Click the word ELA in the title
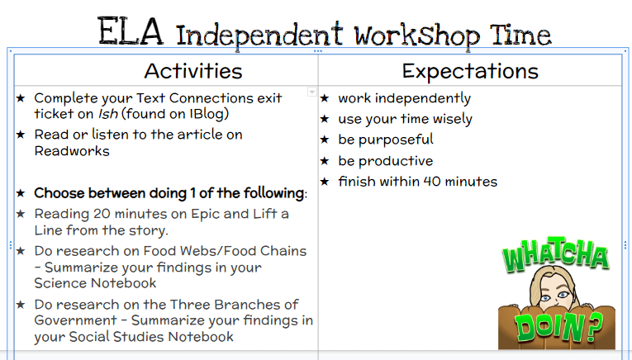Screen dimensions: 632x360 click(131, 31)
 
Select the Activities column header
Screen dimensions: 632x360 click(193, 71)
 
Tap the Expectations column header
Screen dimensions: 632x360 click(470, 71)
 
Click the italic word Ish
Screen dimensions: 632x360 click(108, 114)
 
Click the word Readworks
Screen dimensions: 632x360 click(72, 151)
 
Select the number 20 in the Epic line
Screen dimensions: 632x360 click(102, 214)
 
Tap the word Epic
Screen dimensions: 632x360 click(205, 215)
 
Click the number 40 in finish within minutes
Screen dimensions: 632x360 click(432, 182)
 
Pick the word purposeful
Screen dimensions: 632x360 click(396, 140)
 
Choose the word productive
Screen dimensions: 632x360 click(396, 161)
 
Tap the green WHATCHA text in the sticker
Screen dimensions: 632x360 click(555, 256)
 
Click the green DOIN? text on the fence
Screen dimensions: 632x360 click(558, 328)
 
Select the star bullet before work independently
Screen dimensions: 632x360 click(325, 98)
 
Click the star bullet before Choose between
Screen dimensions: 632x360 click(21, 193)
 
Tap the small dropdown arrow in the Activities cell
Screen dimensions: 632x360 click(312, 92)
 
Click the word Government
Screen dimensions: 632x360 click(76, 320)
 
